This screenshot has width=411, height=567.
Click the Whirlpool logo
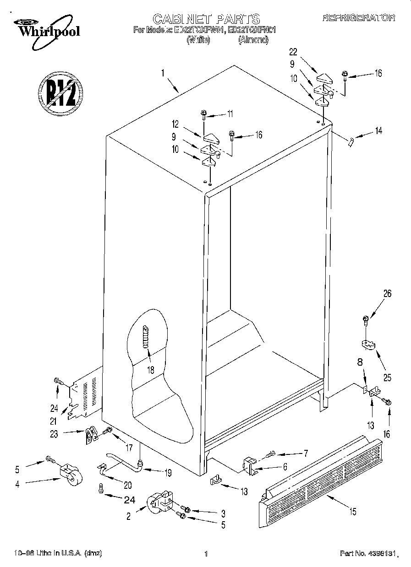click(x=45, y=28)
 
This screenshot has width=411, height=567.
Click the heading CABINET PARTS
click(x=206, y=19)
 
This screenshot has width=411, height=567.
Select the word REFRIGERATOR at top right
click(x=359, y=18)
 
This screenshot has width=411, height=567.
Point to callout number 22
click(x=294, y=51)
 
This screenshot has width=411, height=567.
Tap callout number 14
click(x=378, y=131)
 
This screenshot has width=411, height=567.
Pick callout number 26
click(x=387, y=294)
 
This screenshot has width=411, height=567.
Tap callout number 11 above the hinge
click(x=230, y=113)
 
